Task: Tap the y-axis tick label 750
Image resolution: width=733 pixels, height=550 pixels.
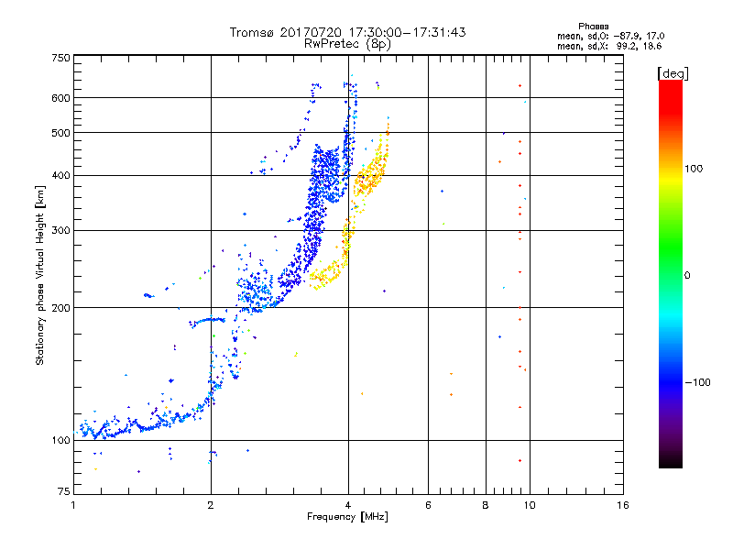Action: point(60,58)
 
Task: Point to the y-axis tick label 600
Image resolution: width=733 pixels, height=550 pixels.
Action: point(60,98)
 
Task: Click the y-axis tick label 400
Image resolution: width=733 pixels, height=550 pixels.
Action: point(60,175)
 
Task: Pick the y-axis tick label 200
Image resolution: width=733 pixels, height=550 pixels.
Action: point(60,307)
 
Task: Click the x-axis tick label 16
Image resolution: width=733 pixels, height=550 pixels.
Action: point(622,505)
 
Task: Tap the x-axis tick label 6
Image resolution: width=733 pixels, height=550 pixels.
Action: point(428,505)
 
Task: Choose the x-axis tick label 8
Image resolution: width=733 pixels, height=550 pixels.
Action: point(486,505)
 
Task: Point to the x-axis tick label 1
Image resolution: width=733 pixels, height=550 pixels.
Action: point(73,505)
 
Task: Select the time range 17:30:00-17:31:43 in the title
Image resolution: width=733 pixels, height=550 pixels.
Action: point(408,32)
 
